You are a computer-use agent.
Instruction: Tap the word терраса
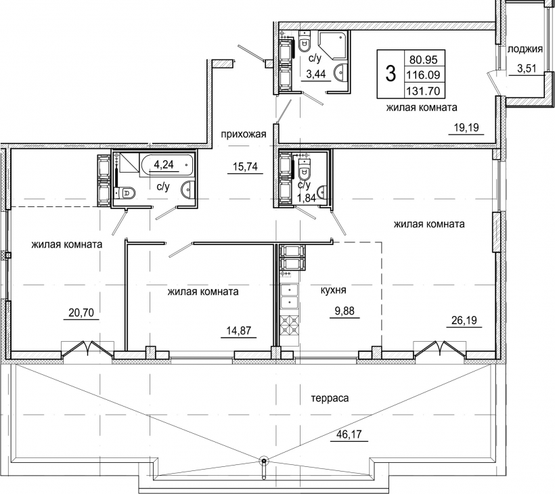tap(330, 398)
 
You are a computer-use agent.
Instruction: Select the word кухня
tap(333, 290)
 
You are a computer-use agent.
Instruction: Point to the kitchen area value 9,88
tap(345, 311)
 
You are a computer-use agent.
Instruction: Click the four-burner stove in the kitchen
tap(290, 325)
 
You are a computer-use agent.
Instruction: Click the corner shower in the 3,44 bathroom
tap(333, 45)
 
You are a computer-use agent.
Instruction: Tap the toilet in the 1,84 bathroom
tap(304, 169)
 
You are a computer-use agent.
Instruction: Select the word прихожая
tap(244, 135)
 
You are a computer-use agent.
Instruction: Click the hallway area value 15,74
tap(245, 166)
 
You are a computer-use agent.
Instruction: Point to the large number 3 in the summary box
tap(391, 74)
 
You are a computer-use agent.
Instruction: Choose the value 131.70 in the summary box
tap(425, 91)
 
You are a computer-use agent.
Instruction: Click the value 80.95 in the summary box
tap(424, 59)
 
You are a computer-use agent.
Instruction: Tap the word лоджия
tap(525, 49)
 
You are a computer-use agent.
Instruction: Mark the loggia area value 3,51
tap(526, 68)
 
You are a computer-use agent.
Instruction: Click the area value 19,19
tap(466, 127)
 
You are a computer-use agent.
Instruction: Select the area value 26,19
tap(464, 320)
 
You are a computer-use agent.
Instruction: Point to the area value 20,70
tap(81, 313)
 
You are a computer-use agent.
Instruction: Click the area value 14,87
tap(238, 330)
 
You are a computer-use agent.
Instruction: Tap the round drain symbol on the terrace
tap(264, 461)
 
